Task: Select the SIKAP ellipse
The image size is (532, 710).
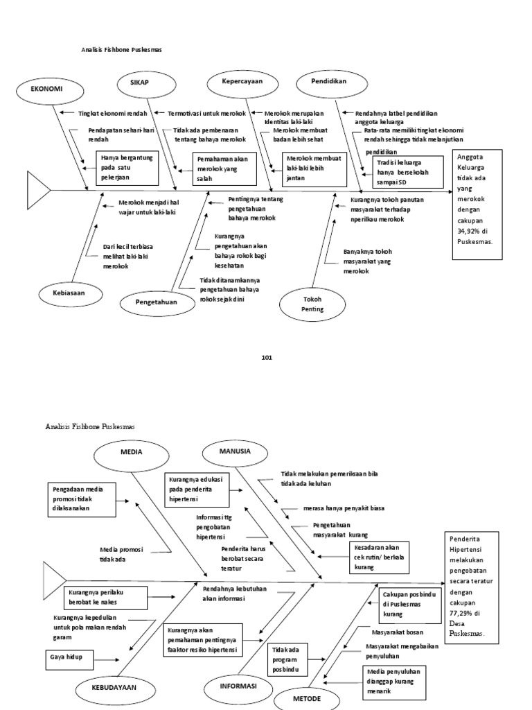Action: pos(140,83)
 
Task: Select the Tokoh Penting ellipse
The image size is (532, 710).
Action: pos(312,304)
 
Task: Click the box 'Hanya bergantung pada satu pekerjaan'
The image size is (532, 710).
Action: pos(125,168)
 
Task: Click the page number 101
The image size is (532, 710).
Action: pos(267,357)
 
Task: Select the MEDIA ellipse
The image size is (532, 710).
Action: pos(131,451)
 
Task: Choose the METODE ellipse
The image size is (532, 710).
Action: pos(308,699)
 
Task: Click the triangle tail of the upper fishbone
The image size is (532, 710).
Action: pos(37,188)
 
